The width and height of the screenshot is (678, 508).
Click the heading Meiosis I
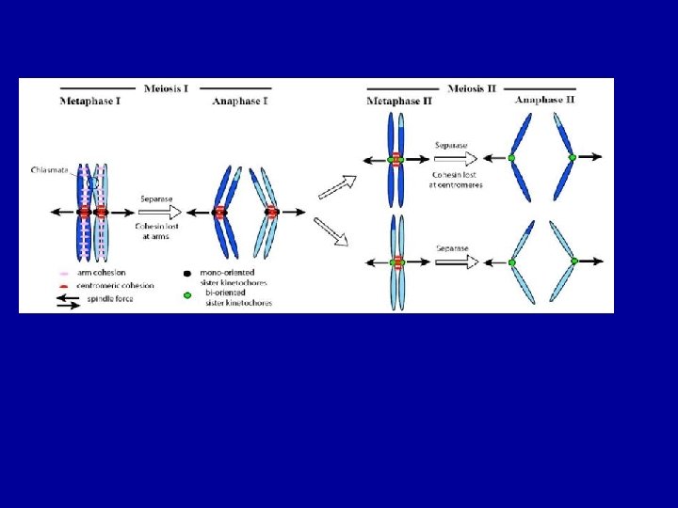click(x=166, y=87)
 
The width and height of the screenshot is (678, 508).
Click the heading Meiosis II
click(x=473, y=87)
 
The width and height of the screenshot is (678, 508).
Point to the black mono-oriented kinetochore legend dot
click(x=186, y=273)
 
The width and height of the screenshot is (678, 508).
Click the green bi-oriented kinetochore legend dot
click(x=186, y=294)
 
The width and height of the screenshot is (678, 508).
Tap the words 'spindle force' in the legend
click(x=110, y=298)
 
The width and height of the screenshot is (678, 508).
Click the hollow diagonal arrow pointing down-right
click(x=331, y=230)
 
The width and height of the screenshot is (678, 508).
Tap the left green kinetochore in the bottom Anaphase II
click(x=511, y=261)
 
